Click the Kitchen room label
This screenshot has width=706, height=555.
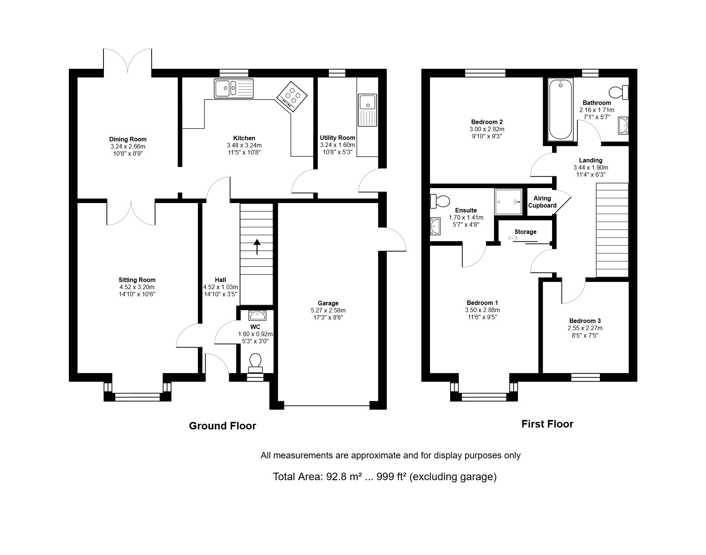(244, 138)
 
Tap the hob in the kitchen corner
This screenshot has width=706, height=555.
(292, 97)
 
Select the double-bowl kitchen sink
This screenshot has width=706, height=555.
(234, 88)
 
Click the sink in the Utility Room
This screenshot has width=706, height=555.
(368, 110)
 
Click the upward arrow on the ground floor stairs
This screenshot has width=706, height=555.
(257, 247)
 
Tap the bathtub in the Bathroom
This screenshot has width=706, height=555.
(560, 109)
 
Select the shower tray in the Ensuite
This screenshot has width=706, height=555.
(508, 202)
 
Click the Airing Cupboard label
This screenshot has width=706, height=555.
(542, 202)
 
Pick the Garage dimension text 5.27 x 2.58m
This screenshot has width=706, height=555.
(328, 311)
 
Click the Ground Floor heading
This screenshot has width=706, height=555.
(222, 426)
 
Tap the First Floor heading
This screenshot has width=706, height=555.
(547, 424)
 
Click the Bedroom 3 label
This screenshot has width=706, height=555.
(585, 321)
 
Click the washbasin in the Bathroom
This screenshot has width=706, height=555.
(623, 125)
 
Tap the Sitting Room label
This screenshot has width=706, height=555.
(137, 280)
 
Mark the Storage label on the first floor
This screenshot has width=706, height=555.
(525, 232)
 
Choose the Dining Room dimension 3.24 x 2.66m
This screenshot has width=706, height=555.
(128, 146)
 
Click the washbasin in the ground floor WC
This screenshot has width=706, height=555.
(257, 315)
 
